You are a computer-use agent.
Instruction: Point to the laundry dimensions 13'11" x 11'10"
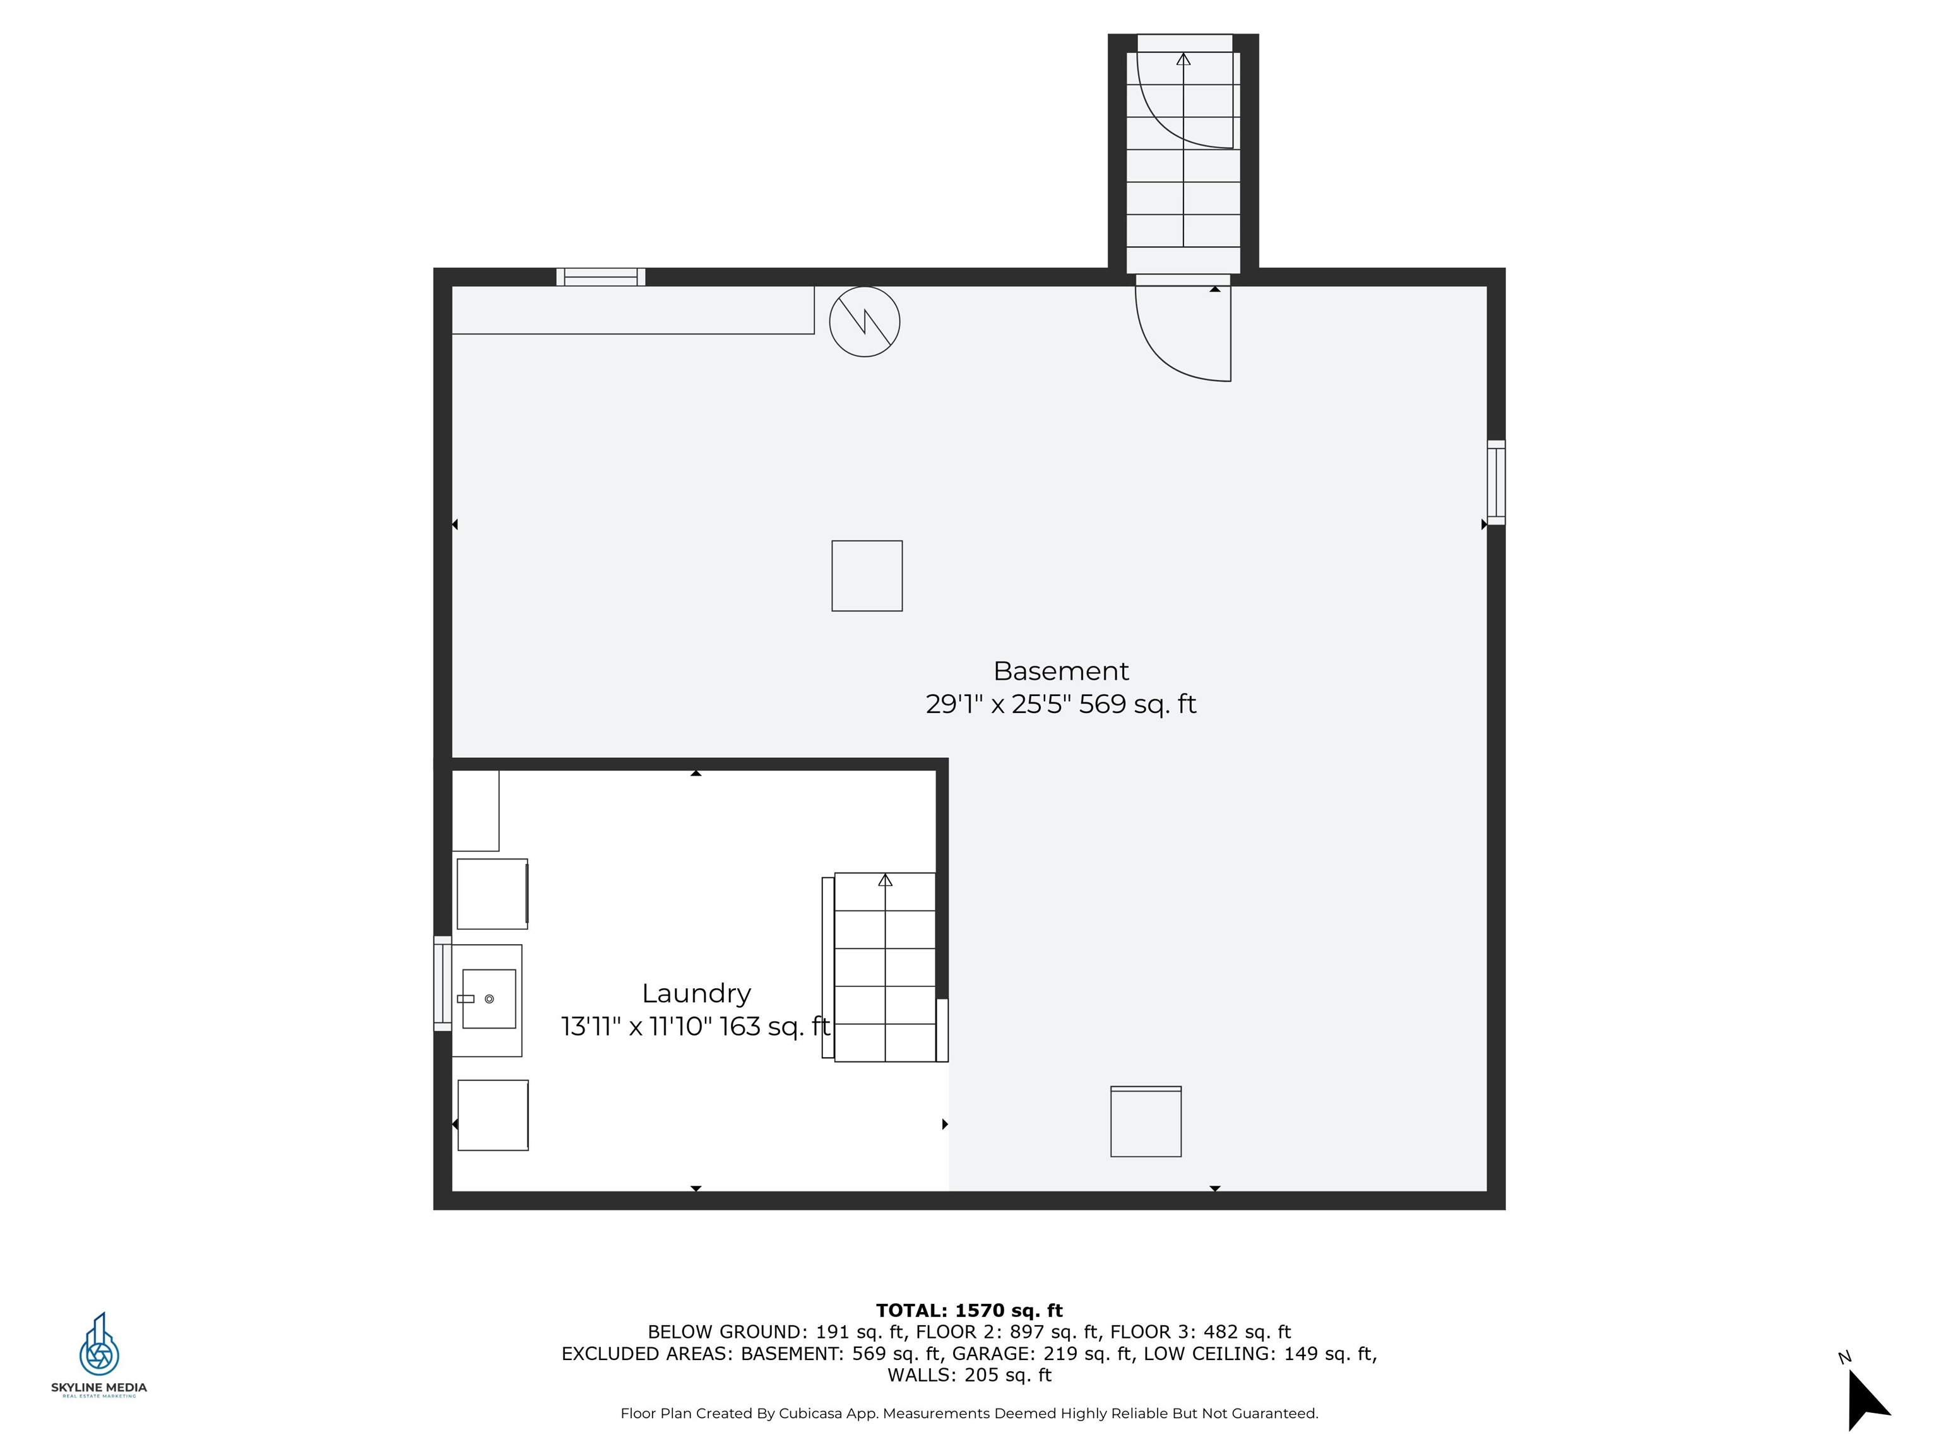pyautogui.click(x=636, y=1026)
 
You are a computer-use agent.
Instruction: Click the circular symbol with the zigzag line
pyautogui.click(x=864, y=322)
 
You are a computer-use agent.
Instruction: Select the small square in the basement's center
pyautogui.click(x=867, y=576)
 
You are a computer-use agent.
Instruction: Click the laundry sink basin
pyautogui.click(x=489, y=998)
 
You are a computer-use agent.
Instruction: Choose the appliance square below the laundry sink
pyautogui.click(x=492, y=1115)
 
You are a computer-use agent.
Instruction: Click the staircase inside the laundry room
pyautogui.click(x=884, y=967)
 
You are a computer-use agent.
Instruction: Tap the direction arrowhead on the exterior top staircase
pyautogui.click(x=1183, y=59)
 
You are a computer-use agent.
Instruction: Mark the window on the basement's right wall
pyautogui.click(x=1497, y=482)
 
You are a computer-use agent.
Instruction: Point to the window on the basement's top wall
pyautogui.click(x=600, y=277)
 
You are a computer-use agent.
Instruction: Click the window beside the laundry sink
pyautogui.click(x=442, y=983)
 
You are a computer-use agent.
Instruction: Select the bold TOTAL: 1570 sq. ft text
pyautogui.click(x=969, y=1310)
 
